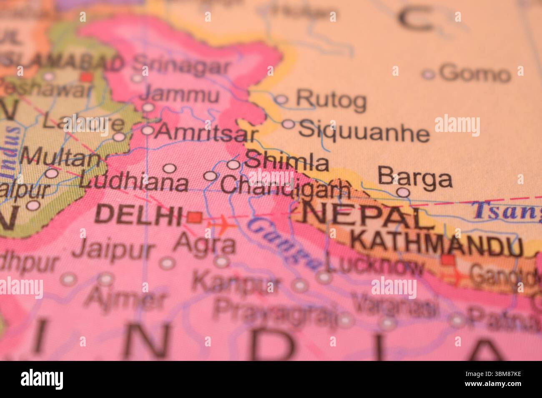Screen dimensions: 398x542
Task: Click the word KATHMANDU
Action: pos(436,245)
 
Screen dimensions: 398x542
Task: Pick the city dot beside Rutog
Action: pos(282,99)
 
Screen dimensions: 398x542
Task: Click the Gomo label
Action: pos(474,74)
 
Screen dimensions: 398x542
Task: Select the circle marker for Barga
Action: pos(403,192)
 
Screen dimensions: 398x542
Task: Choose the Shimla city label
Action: pos(287,162)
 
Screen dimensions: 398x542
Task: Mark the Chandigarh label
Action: pos(286,186)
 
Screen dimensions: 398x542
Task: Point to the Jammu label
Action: pos(179,95)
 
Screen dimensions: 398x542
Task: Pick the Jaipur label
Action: pos(113,250)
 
